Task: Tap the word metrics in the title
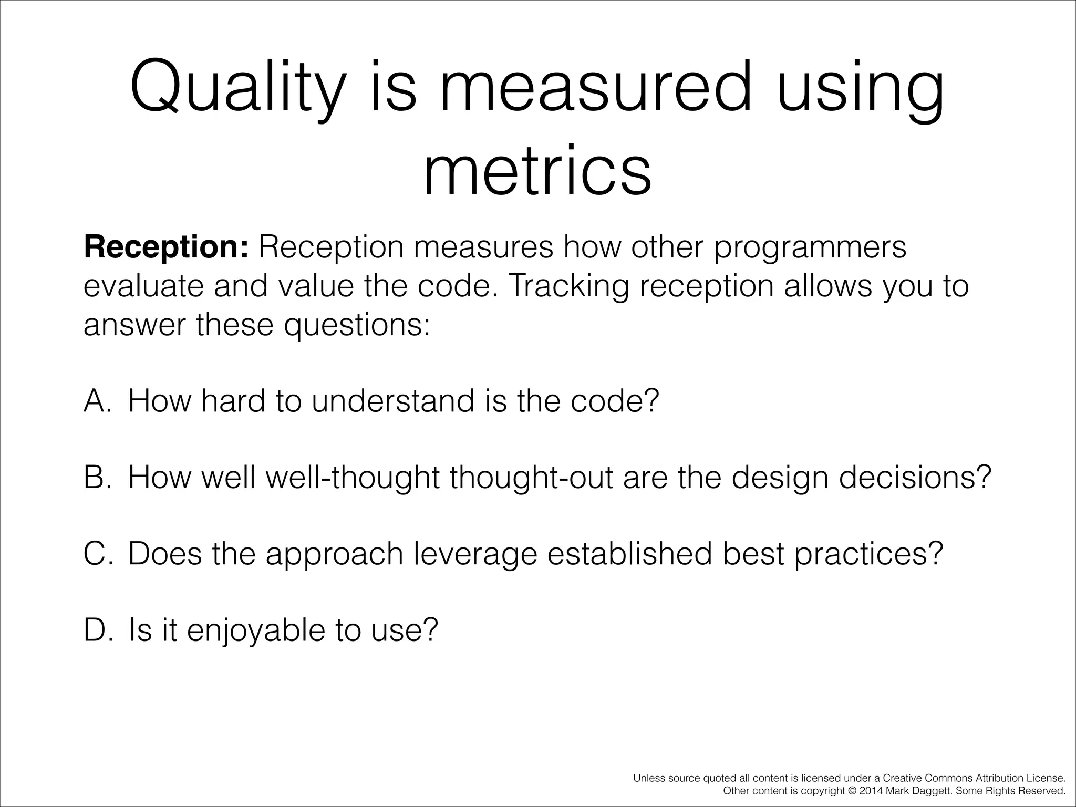537,170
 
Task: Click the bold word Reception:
165,247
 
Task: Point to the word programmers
810,247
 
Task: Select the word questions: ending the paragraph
357,325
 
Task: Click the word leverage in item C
475,554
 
